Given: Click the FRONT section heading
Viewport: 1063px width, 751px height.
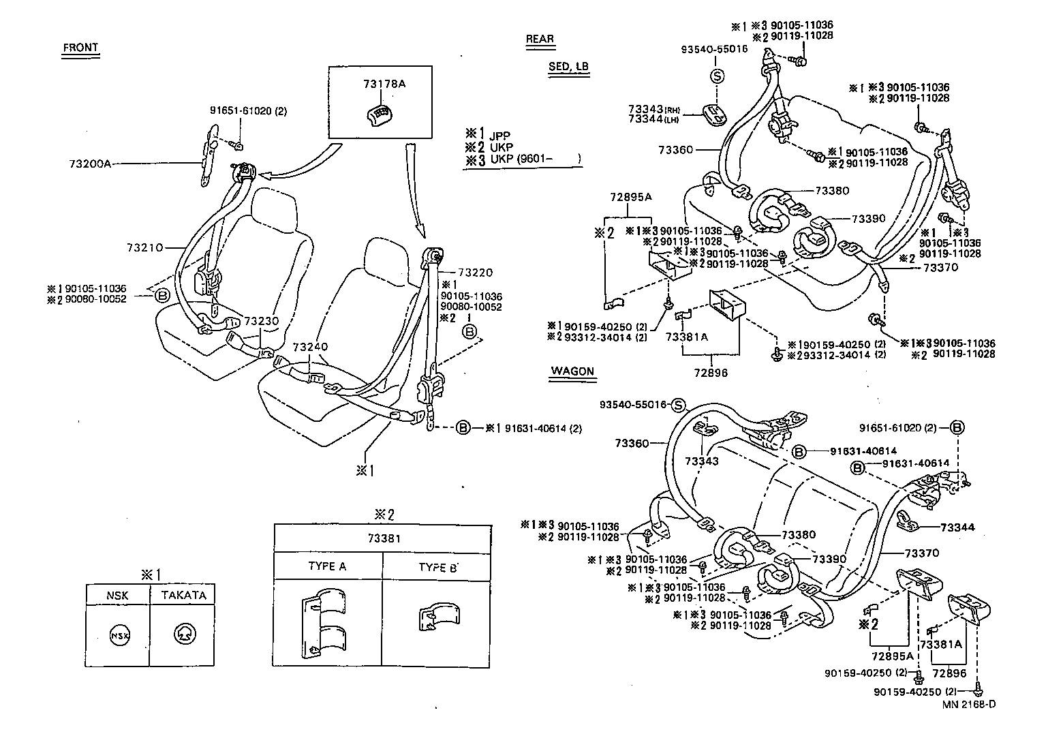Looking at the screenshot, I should tap(80, 48).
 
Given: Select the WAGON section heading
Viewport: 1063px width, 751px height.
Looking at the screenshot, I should tap(572, 371).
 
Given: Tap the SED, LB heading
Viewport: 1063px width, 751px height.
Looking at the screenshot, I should tap(568, 67).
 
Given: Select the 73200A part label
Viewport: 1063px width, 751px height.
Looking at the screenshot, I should tap(90, 164).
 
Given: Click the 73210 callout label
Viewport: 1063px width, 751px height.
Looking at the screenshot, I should tap(144, 247).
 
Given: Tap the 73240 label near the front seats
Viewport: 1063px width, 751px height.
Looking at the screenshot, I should tap(310, 347).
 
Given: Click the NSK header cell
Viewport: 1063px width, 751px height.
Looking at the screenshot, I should tap(117, 595).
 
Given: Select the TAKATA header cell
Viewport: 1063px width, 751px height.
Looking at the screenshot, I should tap(183, 595).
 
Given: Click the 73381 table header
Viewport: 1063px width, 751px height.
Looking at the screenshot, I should tap(382, 538).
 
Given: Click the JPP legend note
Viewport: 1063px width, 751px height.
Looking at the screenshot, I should tap(499, 135).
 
